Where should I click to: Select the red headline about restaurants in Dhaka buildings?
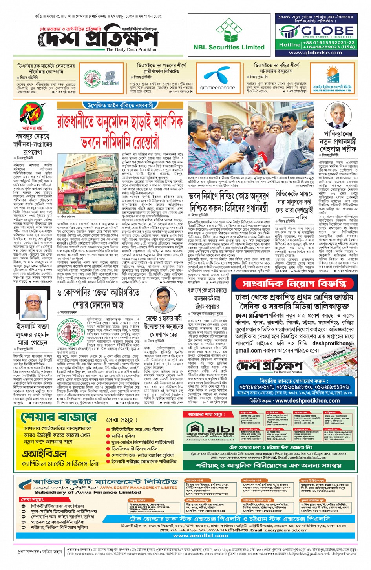(120, 130)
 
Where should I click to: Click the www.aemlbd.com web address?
(201, 535)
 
